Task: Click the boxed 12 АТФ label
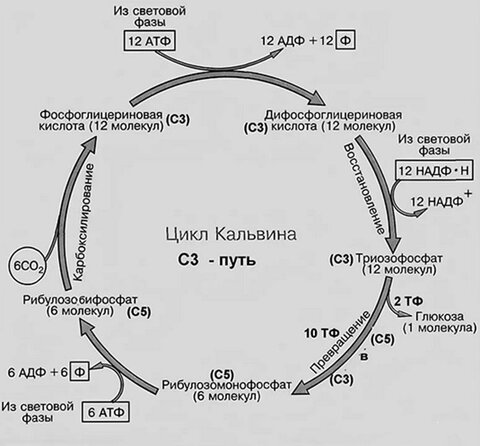tap(150, 41)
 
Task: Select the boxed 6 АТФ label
tap(106, 412)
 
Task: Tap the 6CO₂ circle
tap(28, 265)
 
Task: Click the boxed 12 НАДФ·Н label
tap(434, 171)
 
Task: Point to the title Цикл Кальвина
tap(231, 234)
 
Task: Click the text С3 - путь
tap(217, 260)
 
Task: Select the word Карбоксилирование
tap(83, 222)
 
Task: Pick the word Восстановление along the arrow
tap(364, 189)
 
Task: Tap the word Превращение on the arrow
tap(341, 342)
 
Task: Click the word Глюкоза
tap(440, 316)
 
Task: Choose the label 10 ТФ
tap(321, 333)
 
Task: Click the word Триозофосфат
tap(400, 258)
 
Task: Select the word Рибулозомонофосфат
tap(227, 385)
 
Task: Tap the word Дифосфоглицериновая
tap(333, 115)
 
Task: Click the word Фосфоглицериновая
tap(101, 115)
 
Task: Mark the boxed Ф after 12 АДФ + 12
tap(346, 41)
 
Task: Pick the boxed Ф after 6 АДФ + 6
tap(79, 372)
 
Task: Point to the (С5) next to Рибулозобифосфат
tap(139, 312)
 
